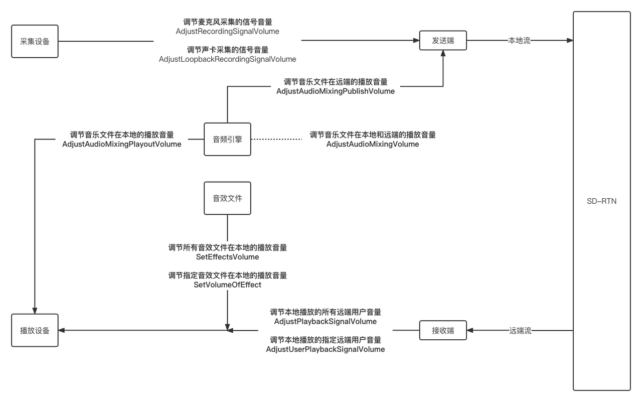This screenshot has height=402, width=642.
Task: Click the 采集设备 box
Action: pyautogui.click(x=35, y=41)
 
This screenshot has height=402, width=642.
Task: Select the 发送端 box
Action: pyautogui.click(x=443, y=41)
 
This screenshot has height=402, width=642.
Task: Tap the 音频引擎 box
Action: pyautogui.click(x=227, y=139)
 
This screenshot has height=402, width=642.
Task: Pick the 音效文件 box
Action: pyautogui.click(x=227, y=198)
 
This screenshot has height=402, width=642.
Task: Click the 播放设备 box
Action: pyautogui.click(x=35, y=330)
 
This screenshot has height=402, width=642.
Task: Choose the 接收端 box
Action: pyautogui.click(x=443, y=330)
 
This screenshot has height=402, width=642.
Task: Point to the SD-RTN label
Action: pyautogui.click(x=601, y=201)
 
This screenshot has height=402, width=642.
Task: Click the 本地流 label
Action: pyautogui.click(x=519, y=41)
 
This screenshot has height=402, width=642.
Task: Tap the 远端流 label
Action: pyautogui.click(x=520, y=331)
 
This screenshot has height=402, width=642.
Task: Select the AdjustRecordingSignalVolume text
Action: pyautogui.click(x=227, y=31)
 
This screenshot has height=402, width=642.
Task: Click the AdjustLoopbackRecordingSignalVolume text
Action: pyautogui.click(x=227, y=59)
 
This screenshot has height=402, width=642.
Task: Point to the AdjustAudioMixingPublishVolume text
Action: pyautogui.click(x=336, y=91)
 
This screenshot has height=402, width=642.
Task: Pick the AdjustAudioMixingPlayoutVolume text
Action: pyautogui.click(x=122, y=144)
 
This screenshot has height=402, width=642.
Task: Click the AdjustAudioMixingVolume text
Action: pyautogui.click(x=373, y=144)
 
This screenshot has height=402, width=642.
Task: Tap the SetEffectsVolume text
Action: pyautogui.click(x=227, y=257)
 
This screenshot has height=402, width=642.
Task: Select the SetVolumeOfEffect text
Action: pyautogui.click(x=227, y=285)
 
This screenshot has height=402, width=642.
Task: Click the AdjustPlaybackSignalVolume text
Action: pyautogui.click(x=326, y=321)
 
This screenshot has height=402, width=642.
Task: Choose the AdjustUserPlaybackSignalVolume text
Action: pyautogui.click(x=326, y=349)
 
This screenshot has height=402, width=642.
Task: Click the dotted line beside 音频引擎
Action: pyautogui.click(x=276, y=139)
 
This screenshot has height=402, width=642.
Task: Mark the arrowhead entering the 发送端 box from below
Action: pyautogui.click(x=443, y=54)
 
